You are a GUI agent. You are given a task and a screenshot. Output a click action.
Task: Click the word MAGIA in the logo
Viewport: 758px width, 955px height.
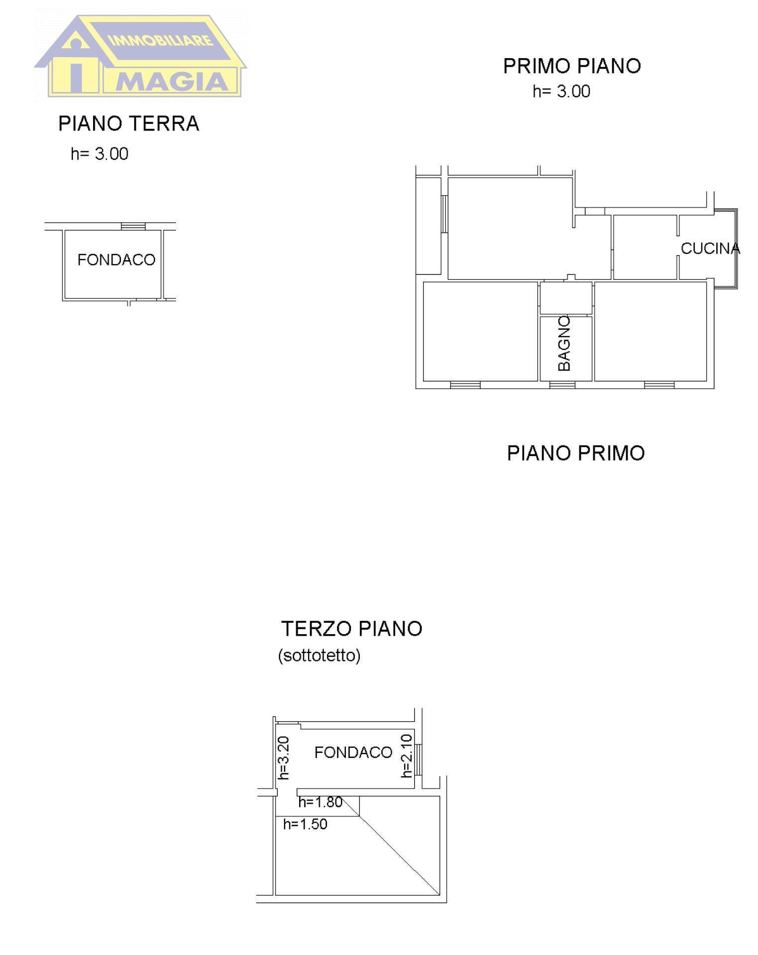tap(172, 82)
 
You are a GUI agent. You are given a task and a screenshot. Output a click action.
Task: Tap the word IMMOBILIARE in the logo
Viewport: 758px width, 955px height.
tap(160, 40)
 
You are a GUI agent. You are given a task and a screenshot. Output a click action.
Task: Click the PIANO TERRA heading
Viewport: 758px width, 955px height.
tap(128, 123)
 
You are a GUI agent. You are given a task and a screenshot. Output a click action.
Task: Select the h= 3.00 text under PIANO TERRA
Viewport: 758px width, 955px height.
tap(100, 154)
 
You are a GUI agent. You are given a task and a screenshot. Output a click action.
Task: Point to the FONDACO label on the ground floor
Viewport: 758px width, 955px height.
tap(116, 260)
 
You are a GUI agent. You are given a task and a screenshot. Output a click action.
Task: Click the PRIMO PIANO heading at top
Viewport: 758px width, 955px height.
tap(571, 66)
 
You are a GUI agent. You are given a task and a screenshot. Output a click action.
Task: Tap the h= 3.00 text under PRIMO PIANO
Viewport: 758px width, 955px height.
tap(561, 92)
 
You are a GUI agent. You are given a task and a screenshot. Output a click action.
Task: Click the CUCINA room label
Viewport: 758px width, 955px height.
tap(710, 248)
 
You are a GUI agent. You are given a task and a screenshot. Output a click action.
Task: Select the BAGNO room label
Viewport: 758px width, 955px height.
tap(564, 343)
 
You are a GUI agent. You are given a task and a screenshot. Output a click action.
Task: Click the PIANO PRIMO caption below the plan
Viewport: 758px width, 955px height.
tap(575, 453)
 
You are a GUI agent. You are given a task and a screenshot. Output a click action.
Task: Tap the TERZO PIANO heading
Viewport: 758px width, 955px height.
tap(351, 629)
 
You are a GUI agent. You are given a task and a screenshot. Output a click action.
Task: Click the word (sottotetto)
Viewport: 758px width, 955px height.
tap(319, 656)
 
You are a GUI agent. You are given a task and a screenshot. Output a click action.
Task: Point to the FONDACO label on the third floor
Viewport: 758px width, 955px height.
tap(353, 753)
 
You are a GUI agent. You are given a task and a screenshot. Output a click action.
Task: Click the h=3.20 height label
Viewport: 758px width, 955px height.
tap(283, 758)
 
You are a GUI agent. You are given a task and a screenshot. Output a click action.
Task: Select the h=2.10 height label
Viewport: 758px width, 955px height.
tap(407, 756)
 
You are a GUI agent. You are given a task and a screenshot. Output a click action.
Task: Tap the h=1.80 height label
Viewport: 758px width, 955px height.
tap(320, 802)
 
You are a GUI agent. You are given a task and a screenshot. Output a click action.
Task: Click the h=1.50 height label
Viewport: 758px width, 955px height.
tap(305, 824)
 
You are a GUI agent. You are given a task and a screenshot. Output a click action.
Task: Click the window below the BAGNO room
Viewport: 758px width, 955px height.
tap(562, 385)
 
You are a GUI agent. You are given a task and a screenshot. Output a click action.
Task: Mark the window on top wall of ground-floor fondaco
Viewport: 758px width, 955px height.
tap(133, 226)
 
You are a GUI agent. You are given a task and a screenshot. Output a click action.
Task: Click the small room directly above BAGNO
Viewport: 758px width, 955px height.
tap(566, 298)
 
